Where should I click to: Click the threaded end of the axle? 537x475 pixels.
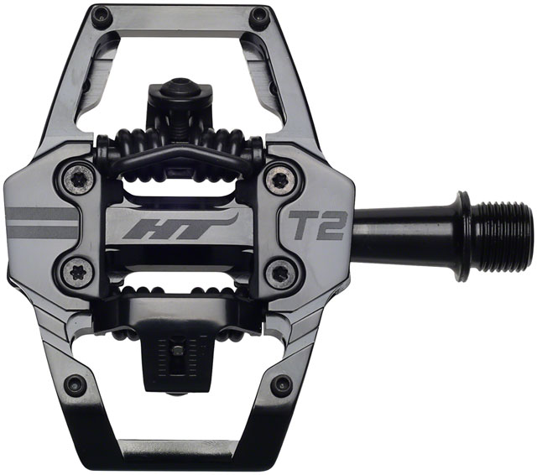[501, 226]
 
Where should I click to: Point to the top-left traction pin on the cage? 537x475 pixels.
[101, 14]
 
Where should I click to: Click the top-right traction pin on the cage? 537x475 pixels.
[261, 14]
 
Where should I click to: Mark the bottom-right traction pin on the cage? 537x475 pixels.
[282, 385]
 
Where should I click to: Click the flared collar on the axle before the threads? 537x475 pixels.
[461, 225]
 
